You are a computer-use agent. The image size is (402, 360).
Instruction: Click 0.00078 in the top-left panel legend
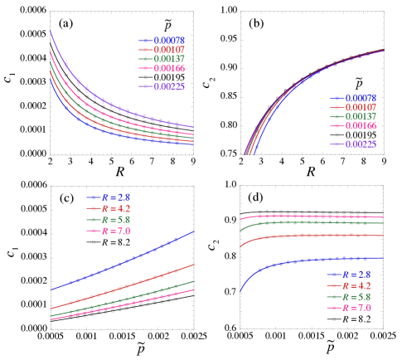tap(172, 40)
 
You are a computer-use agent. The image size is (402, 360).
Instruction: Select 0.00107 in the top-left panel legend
tap(172, 49)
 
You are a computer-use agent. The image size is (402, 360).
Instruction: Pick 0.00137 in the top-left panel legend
tap(172, 59)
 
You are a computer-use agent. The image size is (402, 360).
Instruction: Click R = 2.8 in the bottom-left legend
tap(115, 197)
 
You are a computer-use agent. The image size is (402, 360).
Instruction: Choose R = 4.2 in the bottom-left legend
tap(115, 209)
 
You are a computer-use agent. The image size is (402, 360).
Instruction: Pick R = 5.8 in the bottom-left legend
tap(115, 221)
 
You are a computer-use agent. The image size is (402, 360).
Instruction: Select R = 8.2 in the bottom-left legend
tap(115, 244)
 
